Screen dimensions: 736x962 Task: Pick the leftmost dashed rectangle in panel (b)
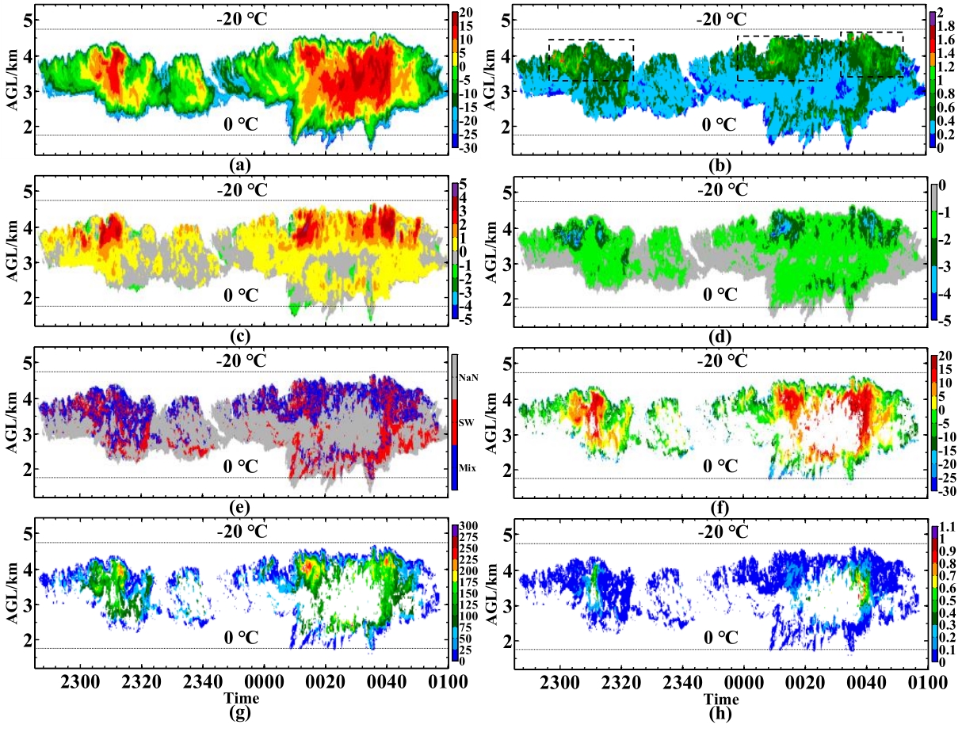591,60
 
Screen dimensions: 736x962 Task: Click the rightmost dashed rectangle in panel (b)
872,55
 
